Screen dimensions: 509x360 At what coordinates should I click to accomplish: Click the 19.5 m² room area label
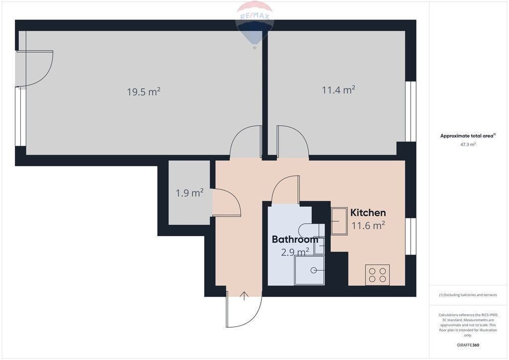click(144, 92)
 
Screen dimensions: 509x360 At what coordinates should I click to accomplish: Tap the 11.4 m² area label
click(338, 90)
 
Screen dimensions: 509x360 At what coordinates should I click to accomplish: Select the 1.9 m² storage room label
click(189, 193)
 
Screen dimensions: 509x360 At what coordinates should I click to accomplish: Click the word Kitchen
click(368, 213)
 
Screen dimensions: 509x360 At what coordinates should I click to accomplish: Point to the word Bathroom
click(295, 240)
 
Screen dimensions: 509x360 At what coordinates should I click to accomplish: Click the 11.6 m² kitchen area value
click(368, 225)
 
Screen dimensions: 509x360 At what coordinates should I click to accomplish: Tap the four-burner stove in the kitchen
click(378, 275)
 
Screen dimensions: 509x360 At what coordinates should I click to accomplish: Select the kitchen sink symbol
click(339, 221)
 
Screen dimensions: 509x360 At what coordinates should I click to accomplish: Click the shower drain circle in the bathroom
click(314, 270)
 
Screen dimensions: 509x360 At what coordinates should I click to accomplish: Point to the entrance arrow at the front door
click(244, 296)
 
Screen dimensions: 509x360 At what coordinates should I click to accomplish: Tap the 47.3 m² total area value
click(468, 145)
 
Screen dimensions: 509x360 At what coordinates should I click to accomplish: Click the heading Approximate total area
click(467, 136)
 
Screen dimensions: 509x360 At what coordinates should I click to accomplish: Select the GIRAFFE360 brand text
click(468, 345)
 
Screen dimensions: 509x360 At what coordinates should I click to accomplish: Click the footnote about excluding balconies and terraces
click(468, 295)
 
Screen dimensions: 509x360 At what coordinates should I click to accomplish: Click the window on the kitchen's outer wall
click(411, 236)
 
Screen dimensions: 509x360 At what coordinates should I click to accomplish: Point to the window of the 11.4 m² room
click(411, 111)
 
